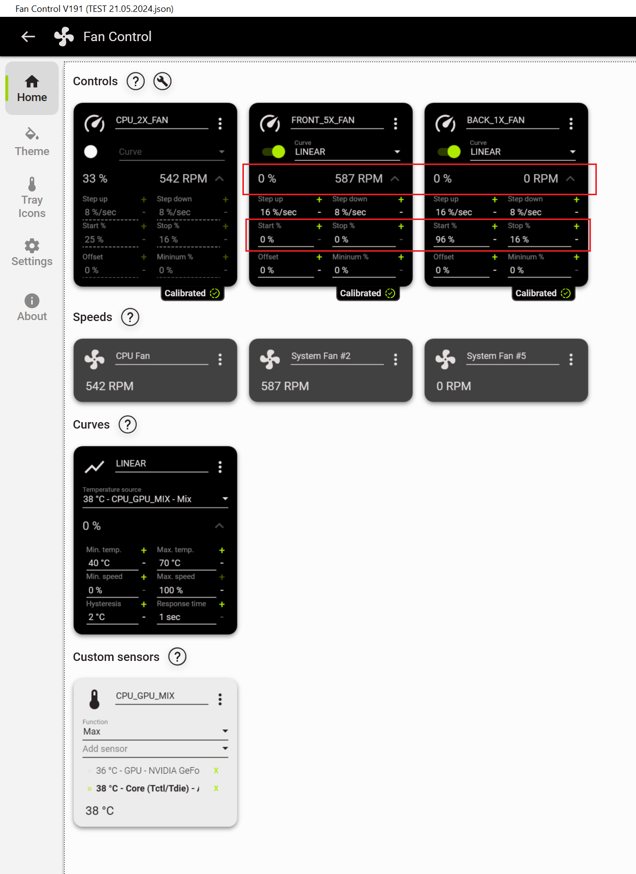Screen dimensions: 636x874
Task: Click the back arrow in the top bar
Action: [x=28, y=36]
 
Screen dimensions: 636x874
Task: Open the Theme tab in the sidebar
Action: [x=32, y=142]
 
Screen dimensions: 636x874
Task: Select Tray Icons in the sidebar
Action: [x=32, y=198]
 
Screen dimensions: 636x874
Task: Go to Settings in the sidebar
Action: [x=32, y=253]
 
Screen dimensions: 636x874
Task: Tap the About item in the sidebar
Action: [x=32, y=308]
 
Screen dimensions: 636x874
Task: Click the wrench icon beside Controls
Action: [x=162, y=81]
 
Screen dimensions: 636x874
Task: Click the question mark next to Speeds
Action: [x=130, y=317]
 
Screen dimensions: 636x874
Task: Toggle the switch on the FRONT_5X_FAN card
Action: [x=273, y=152]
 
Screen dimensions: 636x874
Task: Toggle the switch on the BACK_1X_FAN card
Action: [x=449, y=152]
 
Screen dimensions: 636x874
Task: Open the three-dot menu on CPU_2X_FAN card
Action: [x=220, y=123]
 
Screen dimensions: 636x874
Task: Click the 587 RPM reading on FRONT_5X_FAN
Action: [x=358, y=178]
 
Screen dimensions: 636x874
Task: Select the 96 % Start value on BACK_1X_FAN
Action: [x=445, y=239]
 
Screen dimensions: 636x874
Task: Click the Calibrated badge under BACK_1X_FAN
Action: [x=543, y=293]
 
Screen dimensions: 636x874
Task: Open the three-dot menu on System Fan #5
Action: [x=571, y=359]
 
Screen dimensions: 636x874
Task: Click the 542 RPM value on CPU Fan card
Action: [x=110, y=386]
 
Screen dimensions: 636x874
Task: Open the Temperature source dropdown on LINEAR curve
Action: [x=155, y=499]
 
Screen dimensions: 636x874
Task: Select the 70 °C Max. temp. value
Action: [x=170, y=563]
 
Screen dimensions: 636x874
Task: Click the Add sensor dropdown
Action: [x=155, y=749]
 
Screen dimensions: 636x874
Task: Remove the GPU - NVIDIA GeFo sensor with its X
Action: [x=216, y=770]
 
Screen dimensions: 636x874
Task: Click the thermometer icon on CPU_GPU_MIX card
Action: [x=94, y=699]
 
